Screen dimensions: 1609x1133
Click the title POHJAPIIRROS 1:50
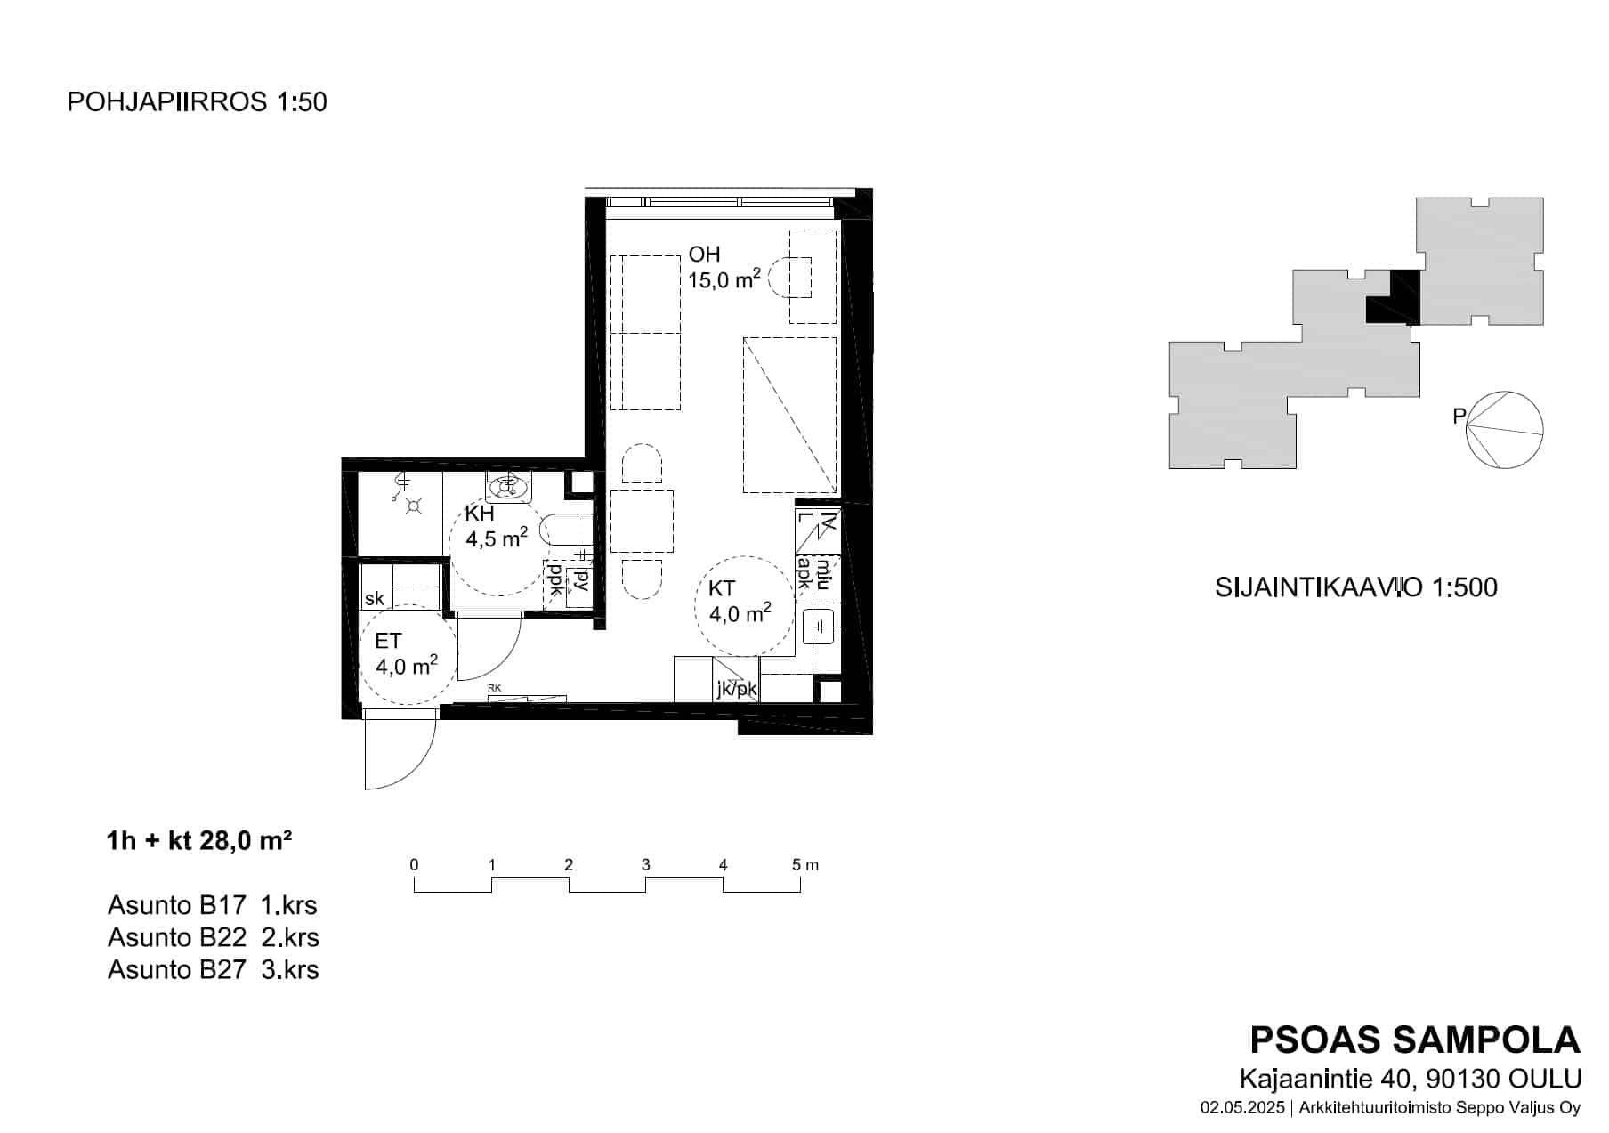(198, 102)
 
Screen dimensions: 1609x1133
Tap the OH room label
(704, 255)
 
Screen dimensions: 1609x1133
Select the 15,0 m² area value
(724, 279)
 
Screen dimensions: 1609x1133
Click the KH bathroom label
(480, 514)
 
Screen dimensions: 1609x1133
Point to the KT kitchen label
(722, 588)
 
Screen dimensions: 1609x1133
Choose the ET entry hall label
(388, 641)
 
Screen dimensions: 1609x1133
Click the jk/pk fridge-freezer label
(737, 689)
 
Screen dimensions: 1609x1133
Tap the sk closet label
(375, 598)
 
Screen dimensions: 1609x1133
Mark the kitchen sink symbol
(818, 627)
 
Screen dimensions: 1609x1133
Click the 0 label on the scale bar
(414, 865)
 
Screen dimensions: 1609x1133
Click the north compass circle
(1505, 430)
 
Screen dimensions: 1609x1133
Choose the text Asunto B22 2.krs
(214, 937)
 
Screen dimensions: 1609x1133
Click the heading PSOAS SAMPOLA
(1415, 1040)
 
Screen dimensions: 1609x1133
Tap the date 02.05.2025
(1242, 1108)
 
